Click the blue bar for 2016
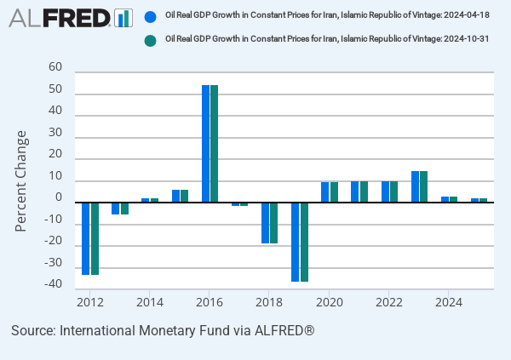click(205, 144)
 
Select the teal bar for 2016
click(215, 144)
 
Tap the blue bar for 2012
click(86, 238)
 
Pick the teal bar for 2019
click(304, 242)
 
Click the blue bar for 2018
click(266, 223)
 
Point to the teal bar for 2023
click(424, 187)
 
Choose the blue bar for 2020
click(325, 192)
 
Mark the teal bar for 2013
click(124, 209)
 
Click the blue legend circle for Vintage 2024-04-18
click(151, 16)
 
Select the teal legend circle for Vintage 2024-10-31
click(151, 40)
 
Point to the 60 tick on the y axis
click(55, 67)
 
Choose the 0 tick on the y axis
click(59, 198)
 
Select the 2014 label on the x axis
click(150, 302)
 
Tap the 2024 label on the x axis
click(449, 302)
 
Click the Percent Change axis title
click(21, 180)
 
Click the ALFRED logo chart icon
click(123, 17)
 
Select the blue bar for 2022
click(385, 192)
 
